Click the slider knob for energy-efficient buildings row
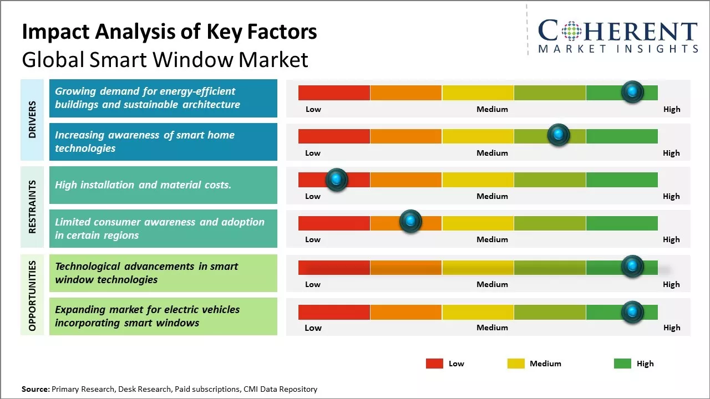pyautogui.click(x=632, y=92)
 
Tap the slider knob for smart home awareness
pyautogui.click(x=559, y=135)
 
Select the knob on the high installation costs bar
pyautogui.click(x=336, y=180)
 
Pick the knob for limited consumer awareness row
pyautogui.click(x=410, y=222)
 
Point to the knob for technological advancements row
pyautogui.click(x=632, y=267)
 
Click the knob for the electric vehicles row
pyautogui.click(x=632, y=312)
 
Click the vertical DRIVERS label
pyautogui.click(x=32, y=120)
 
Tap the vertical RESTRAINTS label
pyautogui.click(x=32, y=207)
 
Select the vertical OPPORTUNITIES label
pyautogui.click(x=32, y=295)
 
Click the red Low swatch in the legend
pyautogui.click(x=434, y=364)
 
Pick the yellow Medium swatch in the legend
pyautogui.click(x=516, y=364)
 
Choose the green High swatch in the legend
pyautogui.click(x=622, y=364)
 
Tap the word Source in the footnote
pyautogui.click(x=35, y=389)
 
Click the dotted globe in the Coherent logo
pyautogui.click(x=571, y=30)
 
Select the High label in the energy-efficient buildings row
pyautogui.click(x=672, y=109)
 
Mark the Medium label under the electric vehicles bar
pyautogui.click(x=492, y=328)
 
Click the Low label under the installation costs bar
pyautogui.click(x=313, y=196)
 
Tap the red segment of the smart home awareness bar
pyautogui.click(x=334, y=136)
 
